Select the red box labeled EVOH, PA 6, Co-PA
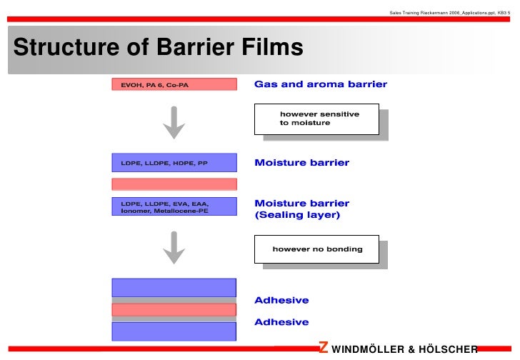174,84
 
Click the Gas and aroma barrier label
321,84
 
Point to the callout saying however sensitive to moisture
316,119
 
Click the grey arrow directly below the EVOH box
174,123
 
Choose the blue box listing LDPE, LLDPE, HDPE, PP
174,163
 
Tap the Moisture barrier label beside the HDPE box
301,163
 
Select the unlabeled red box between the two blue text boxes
174,184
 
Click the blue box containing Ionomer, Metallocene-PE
174,206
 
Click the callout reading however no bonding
316,249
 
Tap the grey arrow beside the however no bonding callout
174,247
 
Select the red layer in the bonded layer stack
174,309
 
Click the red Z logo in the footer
324,348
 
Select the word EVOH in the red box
131,84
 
